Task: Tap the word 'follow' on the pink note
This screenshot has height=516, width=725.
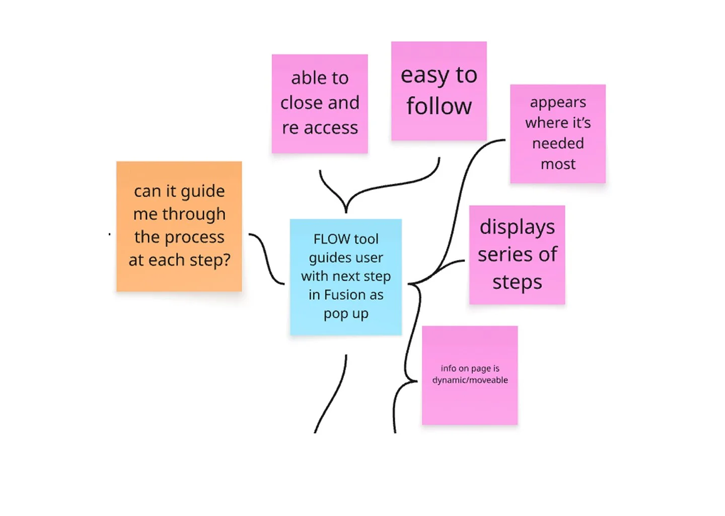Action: click(x=439, y=106)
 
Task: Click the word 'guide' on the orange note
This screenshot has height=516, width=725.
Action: click(x=202, y=191)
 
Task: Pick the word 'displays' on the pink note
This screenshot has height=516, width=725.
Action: click(x=517, y=227)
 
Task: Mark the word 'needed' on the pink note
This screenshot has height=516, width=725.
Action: click(x=558, y=144)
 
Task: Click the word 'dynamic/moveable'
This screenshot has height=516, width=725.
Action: click(x=470, y=380)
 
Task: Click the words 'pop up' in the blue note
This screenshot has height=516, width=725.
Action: click(x=346, y=313)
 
